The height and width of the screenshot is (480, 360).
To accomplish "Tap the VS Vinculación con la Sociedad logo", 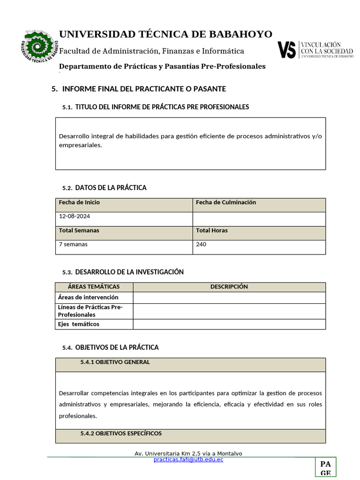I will point(315,49).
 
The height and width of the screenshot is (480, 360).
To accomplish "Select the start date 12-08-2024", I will point(75,217).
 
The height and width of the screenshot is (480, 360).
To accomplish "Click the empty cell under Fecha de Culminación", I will point(259,218).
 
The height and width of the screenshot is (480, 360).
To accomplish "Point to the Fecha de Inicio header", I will point(79,202).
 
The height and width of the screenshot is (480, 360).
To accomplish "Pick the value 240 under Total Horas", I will point(201,244).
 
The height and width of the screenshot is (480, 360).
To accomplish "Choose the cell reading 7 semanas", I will point(73,244).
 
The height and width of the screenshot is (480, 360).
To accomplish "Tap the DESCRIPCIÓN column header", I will point(229,286).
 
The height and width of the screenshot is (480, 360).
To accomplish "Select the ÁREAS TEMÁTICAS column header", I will point(94,286).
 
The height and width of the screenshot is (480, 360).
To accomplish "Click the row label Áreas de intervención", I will point(88,297).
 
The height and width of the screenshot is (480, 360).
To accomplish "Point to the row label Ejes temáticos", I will point(79,324).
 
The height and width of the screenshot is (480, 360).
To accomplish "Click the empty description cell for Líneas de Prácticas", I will point(229,311).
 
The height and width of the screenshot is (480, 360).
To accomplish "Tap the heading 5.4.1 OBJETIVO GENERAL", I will point(115,362).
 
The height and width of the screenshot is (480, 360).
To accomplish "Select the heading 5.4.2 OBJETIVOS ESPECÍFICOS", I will point(121,433).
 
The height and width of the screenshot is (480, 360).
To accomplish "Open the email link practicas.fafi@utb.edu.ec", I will point(188,459).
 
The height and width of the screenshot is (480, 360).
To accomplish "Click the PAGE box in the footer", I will point(325,467).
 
